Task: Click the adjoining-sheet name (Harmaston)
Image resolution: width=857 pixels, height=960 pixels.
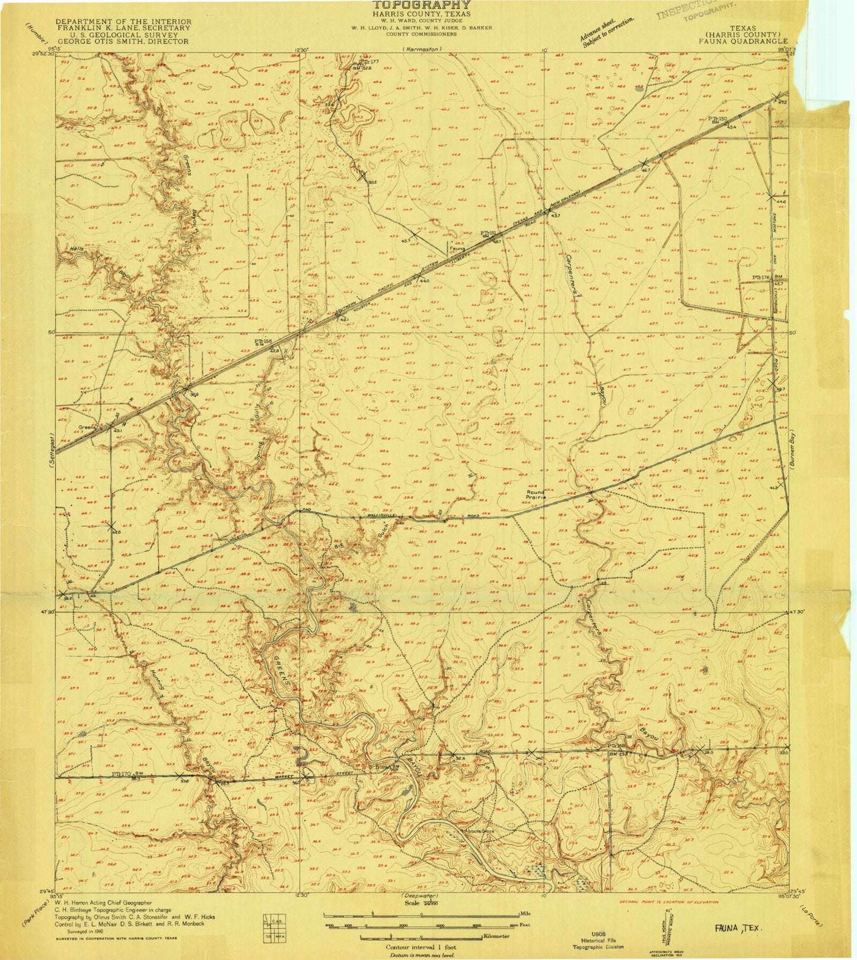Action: (x=422, y=49)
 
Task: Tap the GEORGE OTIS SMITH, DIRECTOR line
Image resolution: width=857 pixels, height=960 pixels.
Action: (x=122, y=42)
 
